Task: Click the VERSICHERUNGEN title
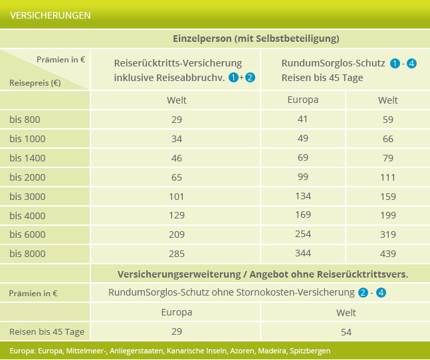pos(51,15)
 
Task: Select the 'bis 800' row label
pos(25,120)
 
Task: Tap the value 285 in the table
pos(176,254)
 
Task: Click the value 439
pos(387,254)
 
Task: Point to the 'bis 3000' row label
pos(27,197)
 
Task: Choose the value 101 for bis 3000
pos(176,197)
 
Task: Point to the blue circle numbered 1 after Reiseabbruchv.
pos(233,78)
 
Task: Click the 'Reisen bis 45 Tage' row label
pos(46,331)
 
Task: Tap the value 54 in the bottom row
pos(346,331)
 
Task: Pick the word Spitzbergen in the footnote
pos(310,351)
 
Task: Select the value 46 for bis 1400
pos(176,158)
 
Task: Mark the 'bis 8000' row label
pos(27,254)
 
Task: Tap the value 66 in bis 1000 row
pos(387,139)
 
